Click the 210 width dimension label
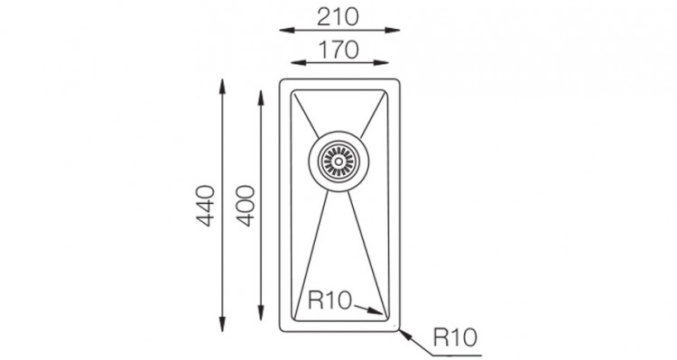coord(338,17)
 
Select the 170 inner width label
coord(338,50)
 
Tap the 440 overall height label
coord(206,206)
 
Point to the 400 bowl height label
coord(246,206)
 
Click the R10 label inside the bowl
coord(329,300)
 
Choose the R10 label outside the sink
coord(455,337)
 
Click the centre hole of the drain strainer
coord(338,162)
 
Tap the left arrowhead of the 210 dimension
coord(287,30)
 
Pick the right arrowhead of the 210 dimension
coord(393,30)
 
